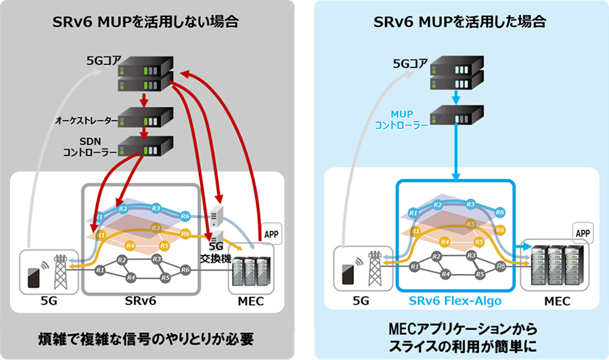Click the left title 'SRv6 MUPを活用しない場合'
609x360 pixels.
(x=145, y=21)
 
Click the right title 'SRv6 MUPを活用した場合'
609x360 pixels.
(x=461, y=21)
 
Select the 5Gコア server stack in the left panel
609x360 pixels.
(x=144, y=74)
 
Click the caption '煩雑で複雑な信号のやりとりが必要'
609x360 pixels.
(x=146, y=336)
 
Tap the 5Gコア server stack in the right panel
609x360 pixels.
(x=457, y=74)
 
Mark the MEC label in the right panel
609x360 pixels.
(x=557, y=301)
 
